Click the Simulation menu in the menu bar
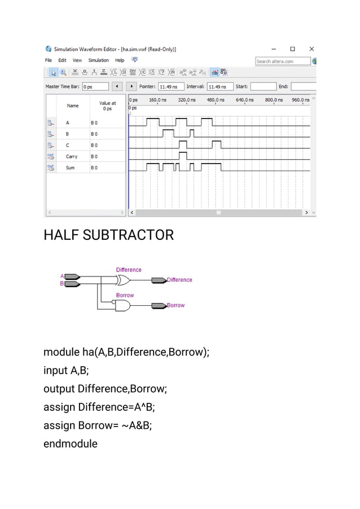point(98,60)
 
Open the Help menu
point(120,60)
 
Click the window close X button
point(311,49)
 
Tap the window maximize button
point(292,49)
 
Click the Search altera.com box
point(282,61)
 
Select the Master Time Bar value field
point(94,87)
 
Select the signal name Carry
point(72,156)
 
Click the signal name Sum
point(70,168)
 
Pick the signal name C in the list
point(68,145)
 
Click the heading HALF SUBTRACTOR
point(108,235)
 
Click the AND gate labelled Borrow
point(123,305)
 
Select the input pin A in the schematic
point(73,277)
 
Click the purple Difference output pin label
point(179,280)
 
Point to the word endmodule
point(71,444)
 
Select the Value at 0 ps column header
point(107,106)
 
